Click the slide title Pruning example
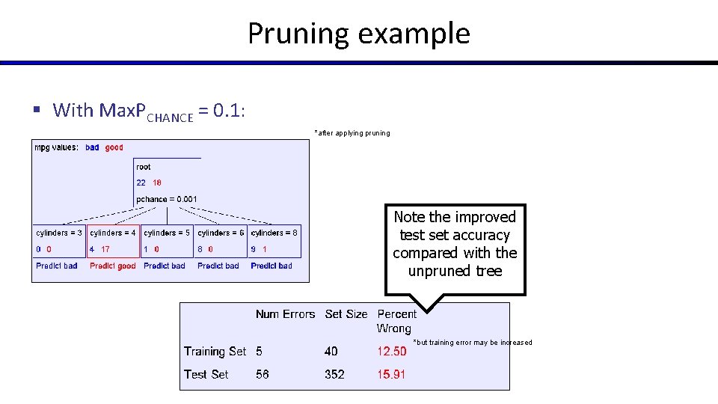point(359,34)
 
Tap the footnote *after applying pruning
point(352,133)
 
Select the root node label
point(144,167)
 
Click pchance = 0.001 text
point(167,199)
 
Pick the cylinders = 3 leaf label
point(59,233)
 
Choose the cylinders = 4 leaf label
point(113,233)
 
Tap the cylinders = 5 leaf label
point(167,233)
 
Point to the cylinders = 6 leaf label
point(221,233)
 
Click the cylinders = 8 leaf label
point(274,233)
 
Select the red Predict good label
point(113,266)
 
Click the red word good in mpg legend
point(114,147)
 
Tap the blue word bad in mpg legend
point(92,147)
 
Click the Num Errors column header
point(285,314)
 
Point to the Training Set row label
point(215,352)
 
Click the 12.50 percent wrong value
point(392,352)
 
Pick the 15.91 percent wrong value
point(392,374)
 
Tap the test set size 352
point(335,374)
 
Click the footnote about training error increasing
point(473,343)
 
